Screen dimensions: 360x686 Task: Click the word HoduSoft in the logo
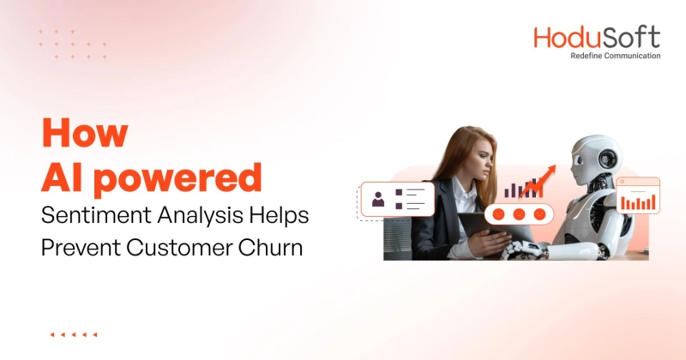point(597,38)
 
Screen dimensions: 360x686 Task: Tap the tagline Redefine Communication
point(616,56)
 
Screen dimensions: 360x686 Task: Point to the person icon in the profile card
point(378,200)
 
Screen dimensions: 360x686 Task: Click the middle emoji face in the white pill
point(520,214)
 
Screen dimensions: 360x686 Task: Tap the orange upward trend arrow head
point(550,171)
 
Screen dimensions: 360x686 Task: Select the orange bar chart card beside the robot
point(638,195)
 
